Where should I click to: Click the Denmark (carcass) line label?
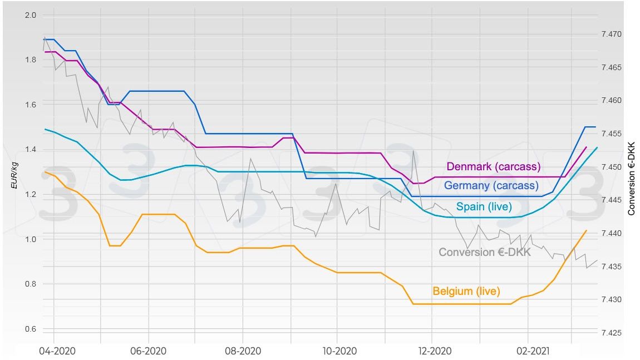pos(494,166)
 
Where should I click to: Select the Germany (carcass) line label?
pos(491,186)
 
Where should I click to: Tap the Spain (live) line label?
pos(484,207)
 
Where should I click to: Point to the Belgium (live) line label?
pos(466,291)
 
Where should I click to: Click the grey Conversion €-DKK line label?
pos(485,252)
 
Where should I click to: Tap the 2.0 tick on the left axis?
pos(31,15)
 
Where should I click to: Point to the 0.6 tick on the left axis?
pos(31,329)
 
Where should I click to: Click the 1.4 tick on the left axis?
pos(31,150)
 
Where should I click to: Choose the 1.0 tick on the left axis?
pos(31,239)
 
